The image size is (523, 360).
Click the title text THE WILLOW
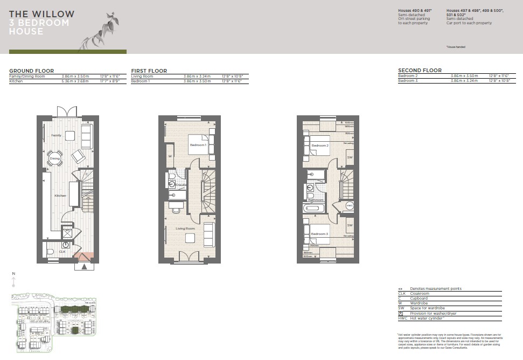coord(41,14)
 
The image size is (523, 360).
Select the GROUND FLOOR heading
coord(31,71)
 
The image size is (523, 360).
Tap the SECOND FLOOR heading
coord(420,71)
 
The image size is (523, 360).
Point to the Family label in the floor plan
coord(57,135)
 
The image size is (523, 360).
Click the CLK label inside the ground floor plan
coord(62,251)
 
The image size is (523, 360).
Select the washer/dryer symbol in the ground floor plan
coord(68,233)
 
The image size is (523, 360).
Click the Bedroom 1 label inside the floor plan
coord(197,145)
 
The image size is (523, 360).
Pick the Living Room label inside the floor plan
coord(186,229)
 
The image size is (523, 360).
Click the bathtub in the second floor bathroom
coord(313,209)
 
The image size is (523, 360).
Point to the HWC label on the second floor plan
coord(350,205)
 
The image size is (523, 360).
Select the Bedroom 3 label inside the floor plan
coord(319,234)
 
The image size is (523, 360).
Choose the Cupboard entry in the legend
coord(419,298)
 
